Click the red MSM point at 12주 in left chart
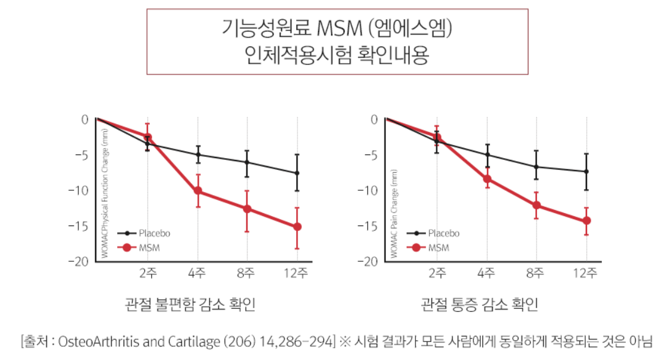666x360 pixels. [298, 227]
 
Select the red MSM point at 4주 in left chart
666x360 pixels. [198, 191]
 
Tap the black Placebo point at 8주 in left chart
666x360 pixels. [247, 162]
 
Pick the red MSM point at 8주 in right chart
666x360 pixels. [536, 205]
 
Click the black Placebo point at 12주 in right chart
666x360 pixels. [586, 171]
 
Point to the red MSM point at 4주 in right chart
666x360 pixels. [487, 179]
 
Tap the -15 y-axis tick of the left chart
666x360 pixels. [81, 226]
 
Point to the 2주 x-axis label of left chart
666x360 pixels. [148, 274]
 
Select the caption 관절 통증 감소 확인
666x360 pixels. [480, 304]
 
